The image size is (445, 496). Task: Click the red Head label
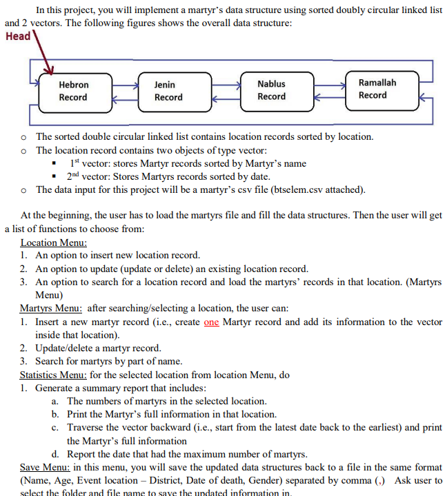(18, 36)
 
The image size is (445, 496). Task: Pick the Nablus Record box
(271, 90)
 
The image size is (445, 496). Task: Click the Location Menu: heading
(54, 242)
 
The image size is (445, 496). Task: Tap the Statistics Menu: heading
(53, 374)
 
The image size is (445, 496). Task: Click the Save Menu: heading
(43, 467)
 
